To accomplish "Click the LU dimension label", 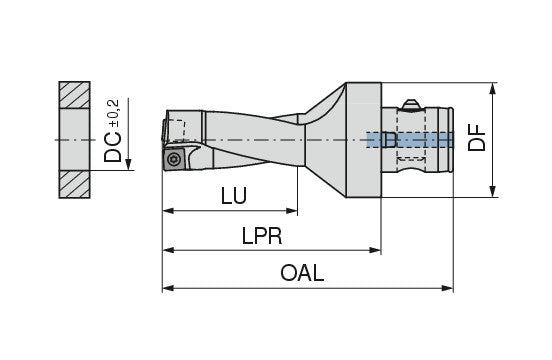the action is coord(234,196).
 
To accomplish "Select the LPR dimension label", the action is coord(262,236).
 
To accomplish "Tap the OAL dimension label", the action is coord(302,273).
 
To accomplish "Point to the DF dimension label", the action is coord(476,138).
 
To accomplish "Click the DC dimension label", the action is coord(113,147).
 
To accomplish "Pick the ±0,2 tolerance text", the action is coord(115,113).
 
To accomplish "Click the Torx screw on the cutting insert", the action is coord(174,159).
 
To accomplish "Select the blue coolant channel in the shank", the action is coord(410,140).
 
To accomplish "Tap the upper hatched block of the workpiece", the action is coord(75,95).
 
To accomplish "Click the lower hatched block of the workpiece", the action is coord(75,184).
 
